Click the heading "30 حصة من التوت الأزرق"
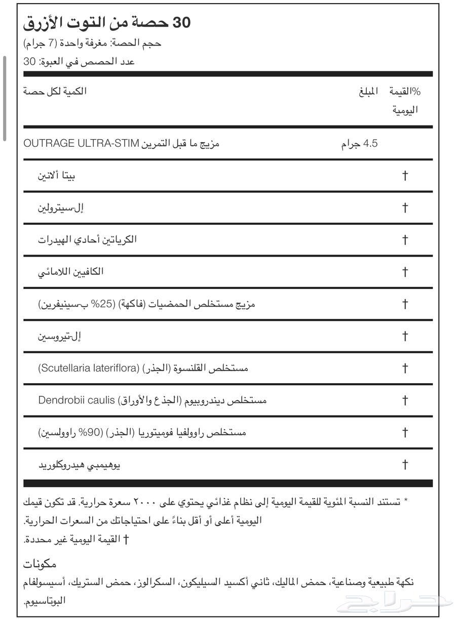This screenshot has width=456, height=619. tap(107, 22)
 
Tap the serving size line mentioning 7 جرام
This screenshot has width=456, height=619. tap(92, 43)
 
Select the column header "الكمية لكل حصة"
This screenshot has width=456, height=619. tap(55, 91)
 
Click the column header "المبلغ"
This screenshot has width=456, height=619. tap(368, 92)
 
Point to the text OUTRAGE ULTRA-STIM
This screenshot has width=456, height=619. tap(81, 143)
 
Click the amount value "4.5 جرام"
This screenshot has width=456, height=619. tap(359, 144)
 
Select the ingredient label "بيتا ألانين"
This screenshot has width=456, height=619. tap(57, 176)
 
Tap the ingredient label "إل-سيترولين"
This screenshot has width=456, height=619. tap(60, 208)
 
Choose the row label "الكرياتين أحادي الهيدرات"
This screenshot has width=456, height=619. tap(87, 239)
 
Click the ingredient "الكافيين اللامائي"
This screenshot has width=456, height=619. tap(71, 272)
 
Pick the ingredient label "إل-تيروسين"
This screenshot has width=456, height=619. tap(60, 336)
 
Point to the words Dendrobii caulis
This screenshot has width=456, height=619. tap(77, 400)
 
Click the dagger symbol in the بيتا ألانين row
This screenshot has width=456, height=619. tap(405, 176)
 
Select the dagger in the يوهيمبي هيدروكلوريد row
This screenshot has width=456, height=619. tap(405, 465)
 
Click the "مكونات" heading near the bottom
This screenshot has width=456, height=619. tap(40, 564)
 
